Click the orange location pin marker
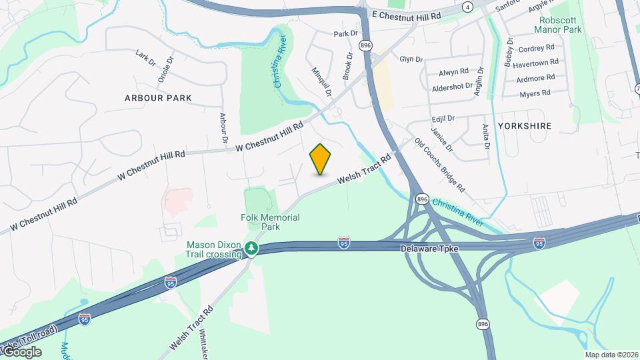pos(320,159)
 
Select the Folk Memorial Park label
pos(271,222)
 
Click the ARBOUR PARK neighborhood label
pos(158,98)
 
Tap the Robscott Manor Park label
pos(560,25)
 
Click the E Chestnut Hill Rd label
pos(407,15)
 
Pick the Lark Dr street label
pos(145,57)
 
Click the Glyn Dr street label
pos(411,59)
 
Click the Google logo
pos(21,352)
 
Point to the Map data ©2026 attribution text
pos(611,355)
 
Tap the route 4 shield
pos(468,7)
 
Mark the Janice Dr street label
pos(441,139)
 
